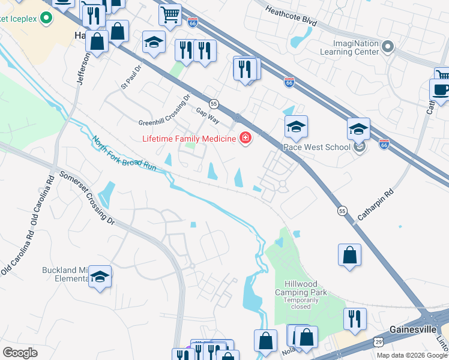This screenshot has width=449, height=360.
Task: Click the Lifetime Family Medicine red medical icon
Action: (x=245, y=139)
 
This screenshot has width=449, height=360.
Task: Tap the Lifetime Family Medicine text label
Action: (x=189, y=139)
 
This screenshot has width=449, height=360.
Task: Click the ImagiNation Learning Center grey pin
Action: (x=388, y=47)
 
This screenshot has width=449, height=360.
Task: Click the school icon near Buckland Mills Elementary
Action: (x=100, y=277)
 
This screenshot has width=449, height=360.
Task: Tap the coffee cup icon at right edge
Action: (x=441, y=89)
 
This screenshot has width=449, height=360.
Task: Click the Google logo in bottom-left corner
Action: (x=20, y=352)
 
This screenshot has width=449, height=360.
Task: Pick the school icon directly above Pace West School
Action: (x=296, y=127)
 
